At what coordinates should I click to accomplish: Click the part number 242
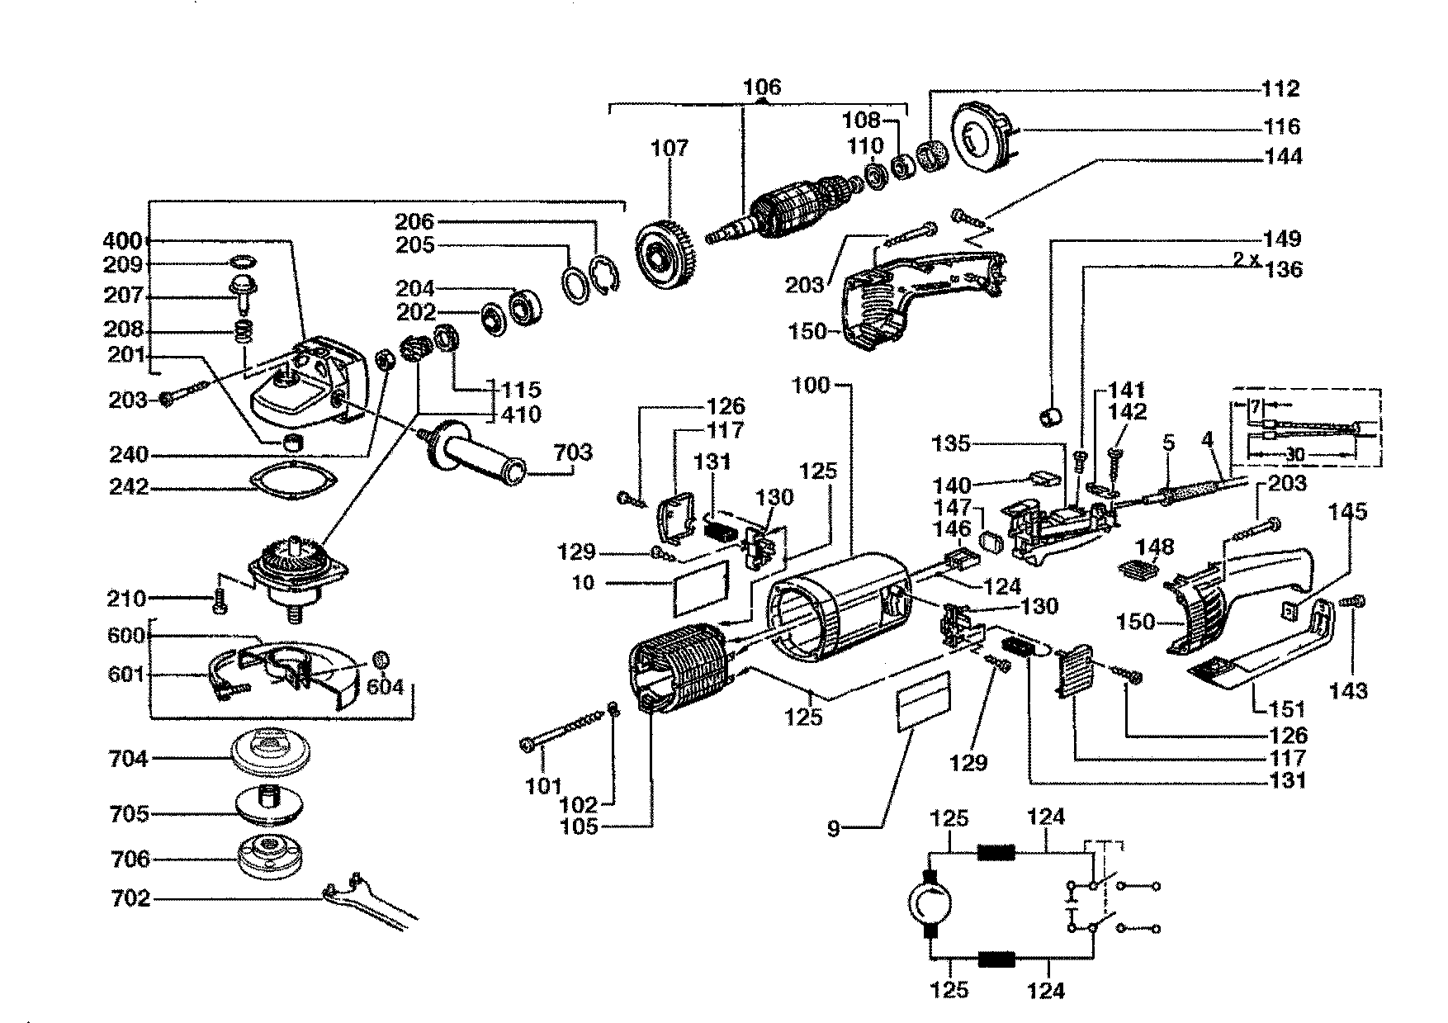(x=128, y=487)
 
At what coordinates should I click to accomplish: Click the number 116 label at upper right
(x=1282, y=126)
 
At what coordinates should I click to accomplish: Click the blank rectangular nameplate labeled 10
(x=702, y=587)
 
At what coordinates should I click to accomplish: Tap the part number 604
(x=385, y=685)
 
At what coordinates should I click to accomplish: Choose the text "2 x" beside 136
(x=1246, y=259)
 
